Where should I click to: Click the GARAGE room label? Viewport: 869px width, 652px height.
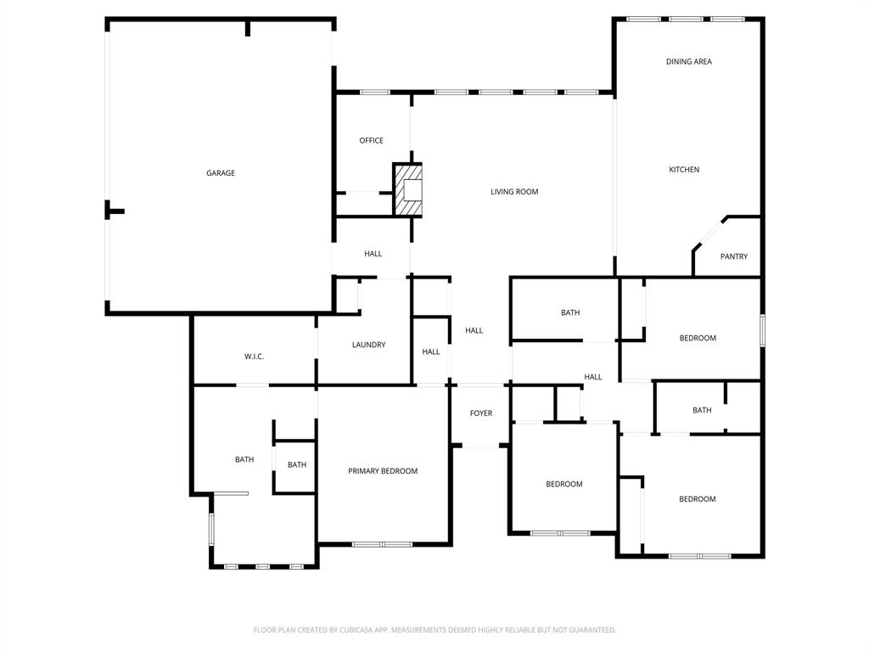click(221, 173)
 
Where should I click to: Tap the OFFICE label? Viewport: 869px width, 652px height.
click(371, 141)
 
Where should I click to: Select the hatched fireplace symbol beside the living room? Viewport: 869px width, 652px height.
click(409, 190)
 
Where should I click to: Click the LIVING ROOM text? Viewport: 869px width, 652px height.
click(514, 192)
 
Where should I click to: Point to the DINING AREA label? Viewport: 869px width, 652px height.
click(688, 62)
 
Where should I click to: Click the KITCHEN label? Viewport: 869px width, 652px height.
click(684, 170)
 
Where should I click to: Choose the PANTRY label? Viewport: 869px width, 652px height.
click(733, 256)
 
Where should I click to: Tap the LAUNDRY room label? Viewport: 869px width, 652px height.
click(368, 345)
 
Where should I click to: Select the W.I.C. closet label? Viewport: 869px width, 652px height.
click(254, 357)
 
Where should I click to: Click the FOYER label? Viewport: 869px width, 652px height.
click(481, 413)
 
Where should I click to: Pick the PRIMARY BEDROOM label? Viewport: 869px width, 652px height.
click(382, 471)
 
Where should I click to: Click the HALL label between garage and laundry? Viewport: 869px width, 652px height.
click(373, 254)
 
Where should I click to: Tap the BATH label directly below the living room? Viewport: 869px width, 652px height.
click(570, 312)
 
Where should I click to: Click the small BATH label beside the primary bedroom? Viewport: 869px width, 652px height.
click(296, 464)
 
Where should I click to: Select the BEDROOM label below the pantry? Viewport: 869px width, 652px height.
click(698, 338)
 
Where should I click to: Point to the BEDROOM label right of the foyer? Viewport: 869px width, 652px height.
click(563, 484)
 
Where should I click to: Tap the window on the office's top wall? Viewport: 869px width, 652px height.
click(374, 92)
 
